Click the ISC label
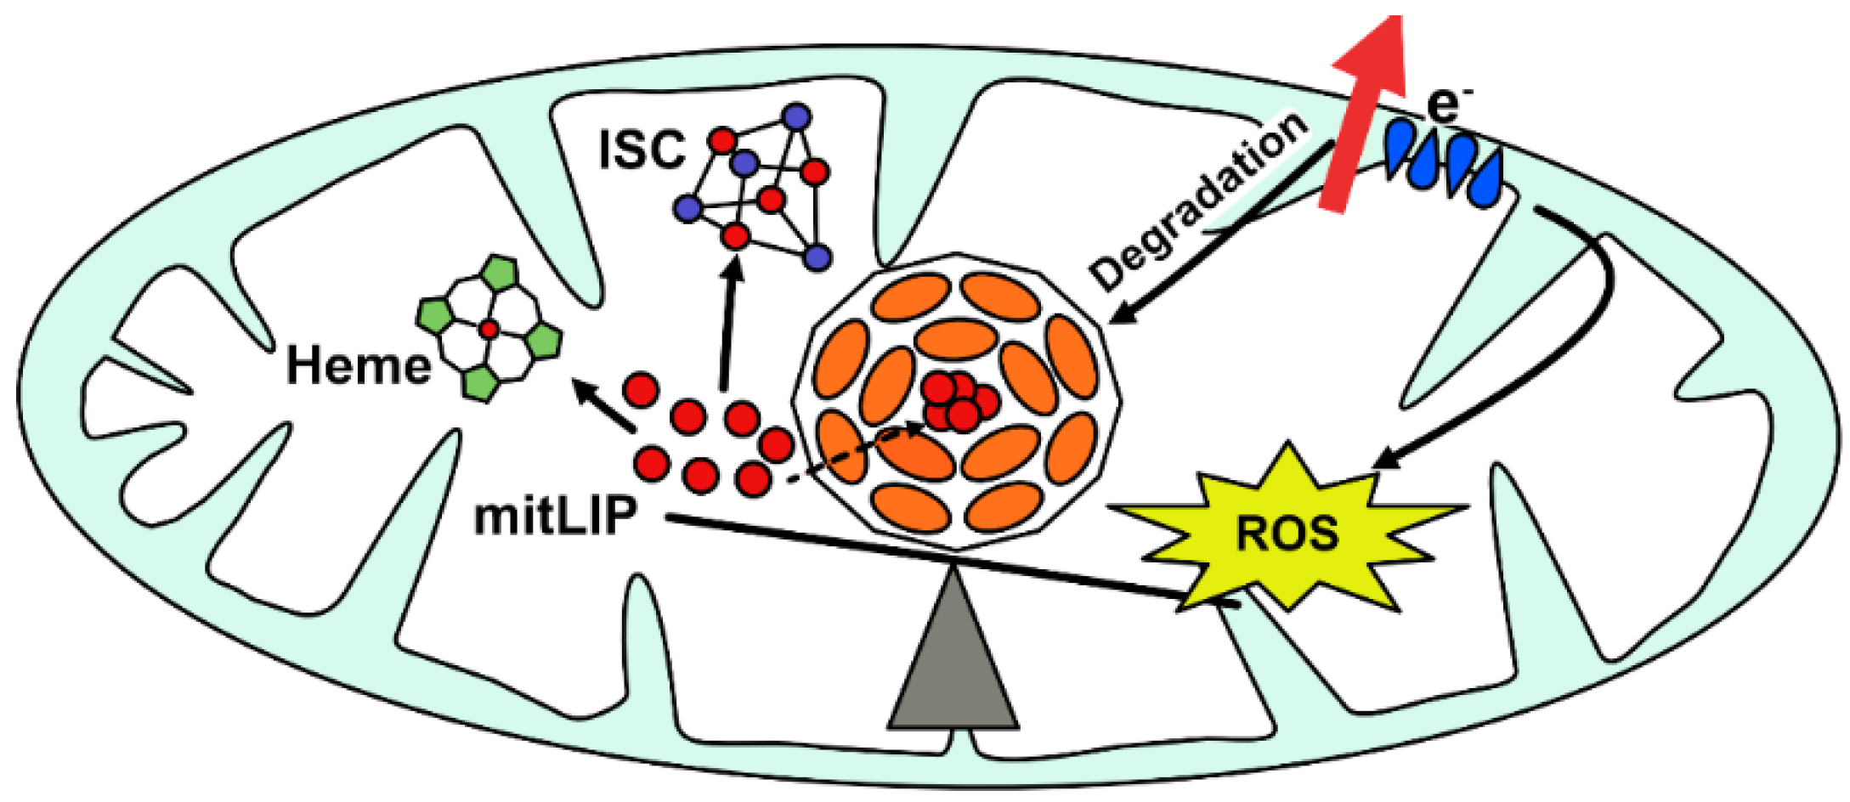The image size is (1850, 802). pos(642,150)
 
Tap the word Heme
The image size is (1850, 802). pos(359,366)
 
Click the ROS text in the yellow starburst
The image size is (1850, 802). pos(1287,534)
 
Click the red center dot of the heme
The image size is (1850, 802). pos(488,328)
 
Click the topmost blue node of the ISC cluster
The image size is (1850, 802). pos(796,116)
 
